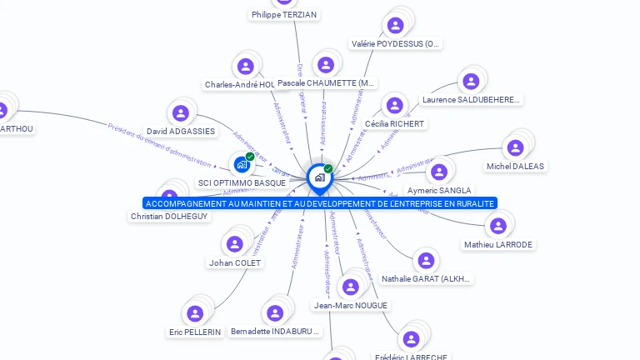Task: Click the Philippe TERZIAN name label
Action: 284,15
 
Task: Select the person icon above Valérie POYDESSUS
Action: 396,25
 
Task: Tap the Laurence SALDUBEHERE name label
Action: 471,100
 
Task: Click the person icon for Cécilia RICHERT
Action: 394,106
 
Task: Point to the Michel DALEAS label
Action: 515,166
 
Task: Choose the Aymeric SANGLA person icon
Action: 438,172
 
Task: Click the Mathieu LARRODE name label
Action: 498,244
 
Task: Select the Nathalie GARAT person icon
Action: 426,261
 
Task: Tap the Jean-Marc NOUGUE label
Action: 351,305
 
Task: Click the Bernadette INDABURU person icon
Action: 274,313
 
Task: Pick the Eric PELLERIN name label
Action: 195,332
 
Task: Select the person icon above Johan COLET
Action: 235,244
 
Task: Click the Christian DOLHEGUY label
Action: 169,216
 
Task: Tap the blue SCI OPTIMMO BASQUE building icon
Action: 242,164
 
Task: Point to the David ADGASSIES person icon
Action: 181,113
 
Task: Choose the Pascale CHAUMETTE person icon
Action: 326,65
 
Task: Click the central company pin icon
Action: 319,177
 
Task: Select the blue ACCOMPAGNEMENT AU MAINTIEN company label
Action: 320,203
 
